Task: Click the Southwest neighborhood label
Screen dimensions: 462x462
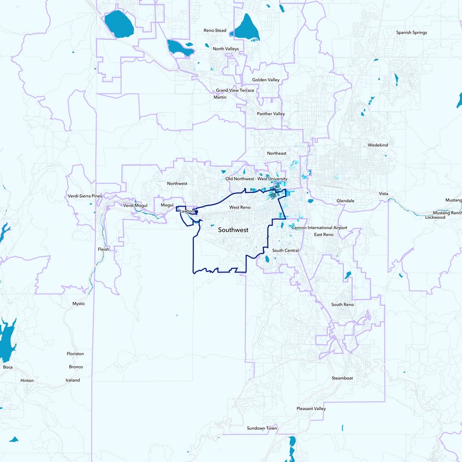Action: click(x=233, y=230)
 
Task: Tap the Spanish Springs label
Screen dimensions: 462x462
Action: click(x=411, y=33)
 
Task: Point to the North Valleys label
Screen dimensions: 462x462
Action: click(x=225, y=49)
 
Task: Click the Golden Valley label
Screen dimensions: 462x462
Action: click(x=266, y=80)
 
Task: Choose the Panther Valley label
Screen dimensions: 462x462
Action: click(x=271, y=114)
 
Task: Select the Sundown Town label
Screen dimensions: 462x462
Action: click(x=262, y=428)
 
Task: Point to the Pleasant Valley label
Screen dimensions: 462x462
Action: click(x=311, y=409)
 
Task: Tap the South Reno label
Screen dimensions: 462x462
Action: click(x=342, y=304)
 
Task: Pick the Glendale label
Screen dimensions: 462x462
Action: click(x=345, y=200)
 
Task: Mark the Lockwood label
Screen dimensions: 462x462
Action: click(x=435, y=218)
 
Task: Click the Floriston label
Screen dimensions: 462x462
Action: click(x=76, y=353)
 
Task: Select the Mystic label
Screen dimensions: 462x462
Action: click(x=79, y=304)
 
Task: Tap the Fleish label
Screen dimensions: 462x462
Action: click(x=103, y=249)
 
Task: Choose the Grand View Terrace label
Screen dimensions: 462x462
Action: click(x=235, y=91)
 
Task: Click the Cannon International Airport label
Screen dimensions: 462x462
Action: click(x=319, y=228)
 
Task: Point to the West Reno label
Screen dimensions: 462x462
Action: click(x=239, y=207)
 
